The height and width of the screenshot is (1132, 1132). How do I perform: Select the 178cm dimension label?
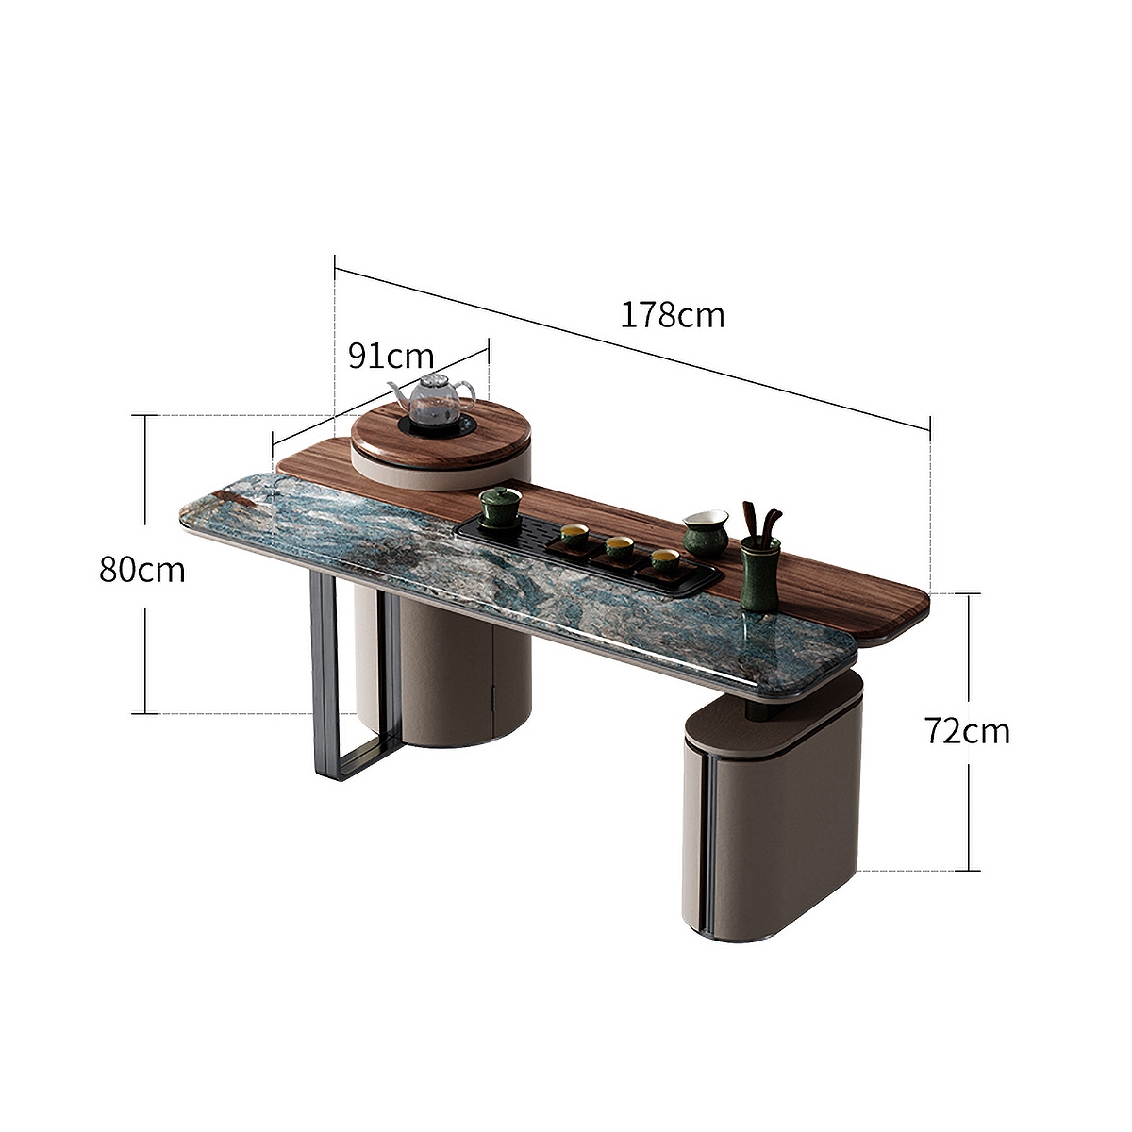click(673, 314)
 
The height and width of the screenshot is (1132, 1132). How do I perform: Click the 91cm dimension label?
click(391, 356)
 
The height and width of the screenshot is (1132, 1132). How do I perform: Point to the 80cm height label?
click(142, 570)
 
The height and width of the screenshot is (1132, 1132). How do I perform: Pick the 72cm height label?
click(967, 731)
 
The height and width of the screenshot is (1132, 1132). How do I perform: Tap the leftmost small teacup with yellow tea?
click(574, 535)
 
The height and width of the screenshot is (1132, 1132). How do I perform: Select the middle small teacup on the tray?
click(619, 547)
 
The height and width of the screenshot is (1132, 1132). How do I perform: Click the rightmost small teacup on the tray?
click(664, 560)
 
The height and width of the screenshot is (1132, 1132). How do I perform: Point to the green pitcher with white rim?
click(705, 533)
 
